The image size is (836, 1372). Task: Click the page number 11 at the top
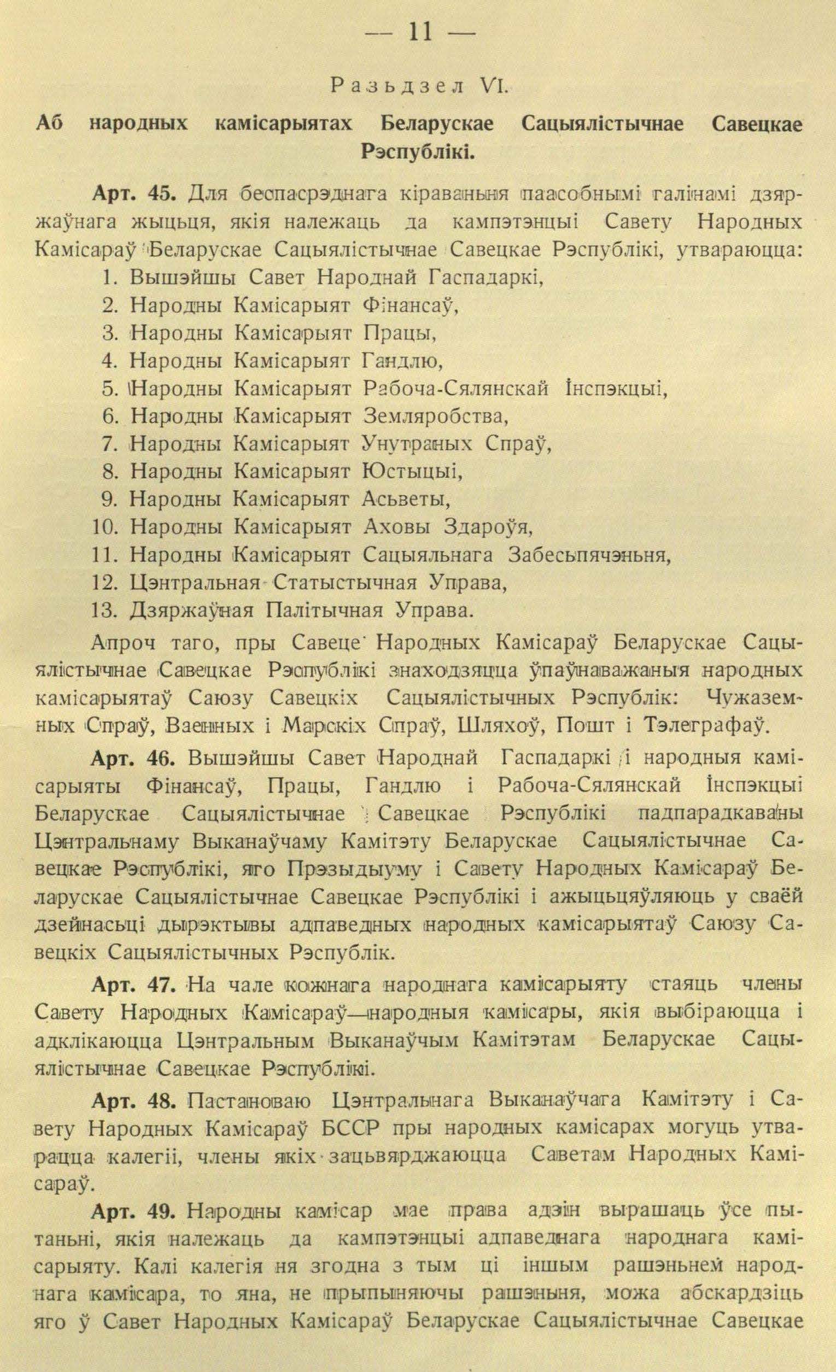click(419, 32)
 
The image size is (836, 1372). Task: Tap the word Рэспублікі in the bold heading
click(418, 150)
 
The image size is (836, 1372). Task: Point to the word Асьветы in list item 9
click(406, 500)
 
